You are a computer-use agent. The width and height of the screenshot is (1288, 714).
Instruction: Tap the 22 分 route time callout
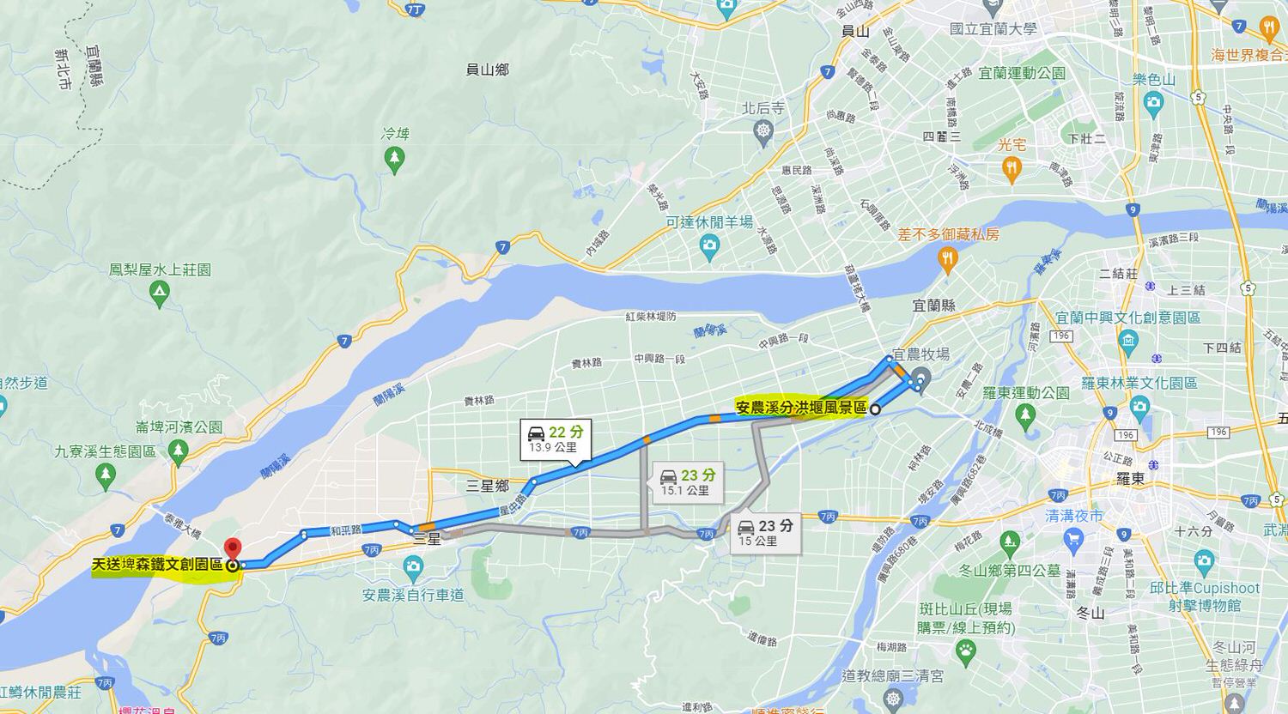[556, 438]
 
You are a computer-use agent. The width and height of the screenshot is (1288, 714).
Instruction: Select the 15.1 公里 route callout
[686, 481]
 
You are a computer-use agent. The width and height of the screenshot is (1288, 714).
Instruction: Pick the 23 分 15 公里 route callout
[765, 532]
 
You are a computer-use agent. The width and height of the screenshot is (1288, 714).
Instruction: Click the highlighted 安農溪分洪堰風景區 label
[801, 408]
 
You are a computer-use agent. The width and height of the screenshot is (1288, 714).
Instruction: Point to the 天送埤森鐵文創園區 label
[157, 565]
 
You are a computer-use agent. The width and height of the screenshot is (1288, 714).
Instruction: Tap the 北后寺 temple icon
[763, 131]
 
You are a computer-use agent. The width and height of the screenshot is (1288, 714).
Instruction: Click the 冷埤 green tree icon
[394, 156]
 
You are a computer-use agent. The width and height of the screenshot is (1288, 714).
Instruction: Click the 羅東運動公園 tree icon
[1025, 416]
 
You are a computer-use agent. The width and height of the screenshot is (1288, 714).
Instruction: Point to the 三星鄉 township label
[488, 486]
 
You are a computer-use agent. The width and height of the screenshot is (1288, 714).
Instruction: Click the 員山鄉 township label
[487, 70]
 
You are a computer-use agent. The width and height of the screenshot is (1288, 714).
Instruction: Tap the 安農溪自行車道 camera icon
[413, 566]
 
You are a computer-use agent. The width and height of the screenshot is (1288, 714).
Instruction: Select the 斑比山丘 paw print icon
[966, 650]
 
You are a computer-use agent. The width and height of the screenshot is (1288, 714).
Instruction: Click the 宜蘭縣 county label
[934, 306]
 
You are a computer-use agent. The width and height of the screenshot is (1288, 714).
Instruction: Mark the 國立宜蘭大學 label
[993, 29]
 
